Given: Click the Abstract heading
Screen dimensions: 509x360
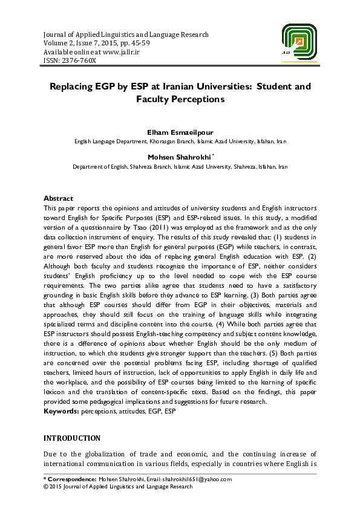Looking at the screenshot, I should tap(58, 198).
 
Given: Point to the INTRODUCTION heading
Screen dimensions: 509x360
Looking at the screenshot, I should tap(72, 438).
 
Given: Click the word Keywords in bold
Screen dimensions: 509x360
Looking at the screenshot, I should tap(61, 411).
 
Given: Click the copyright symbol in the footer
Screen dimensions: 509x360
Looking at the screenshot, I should tap(46, 486).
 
